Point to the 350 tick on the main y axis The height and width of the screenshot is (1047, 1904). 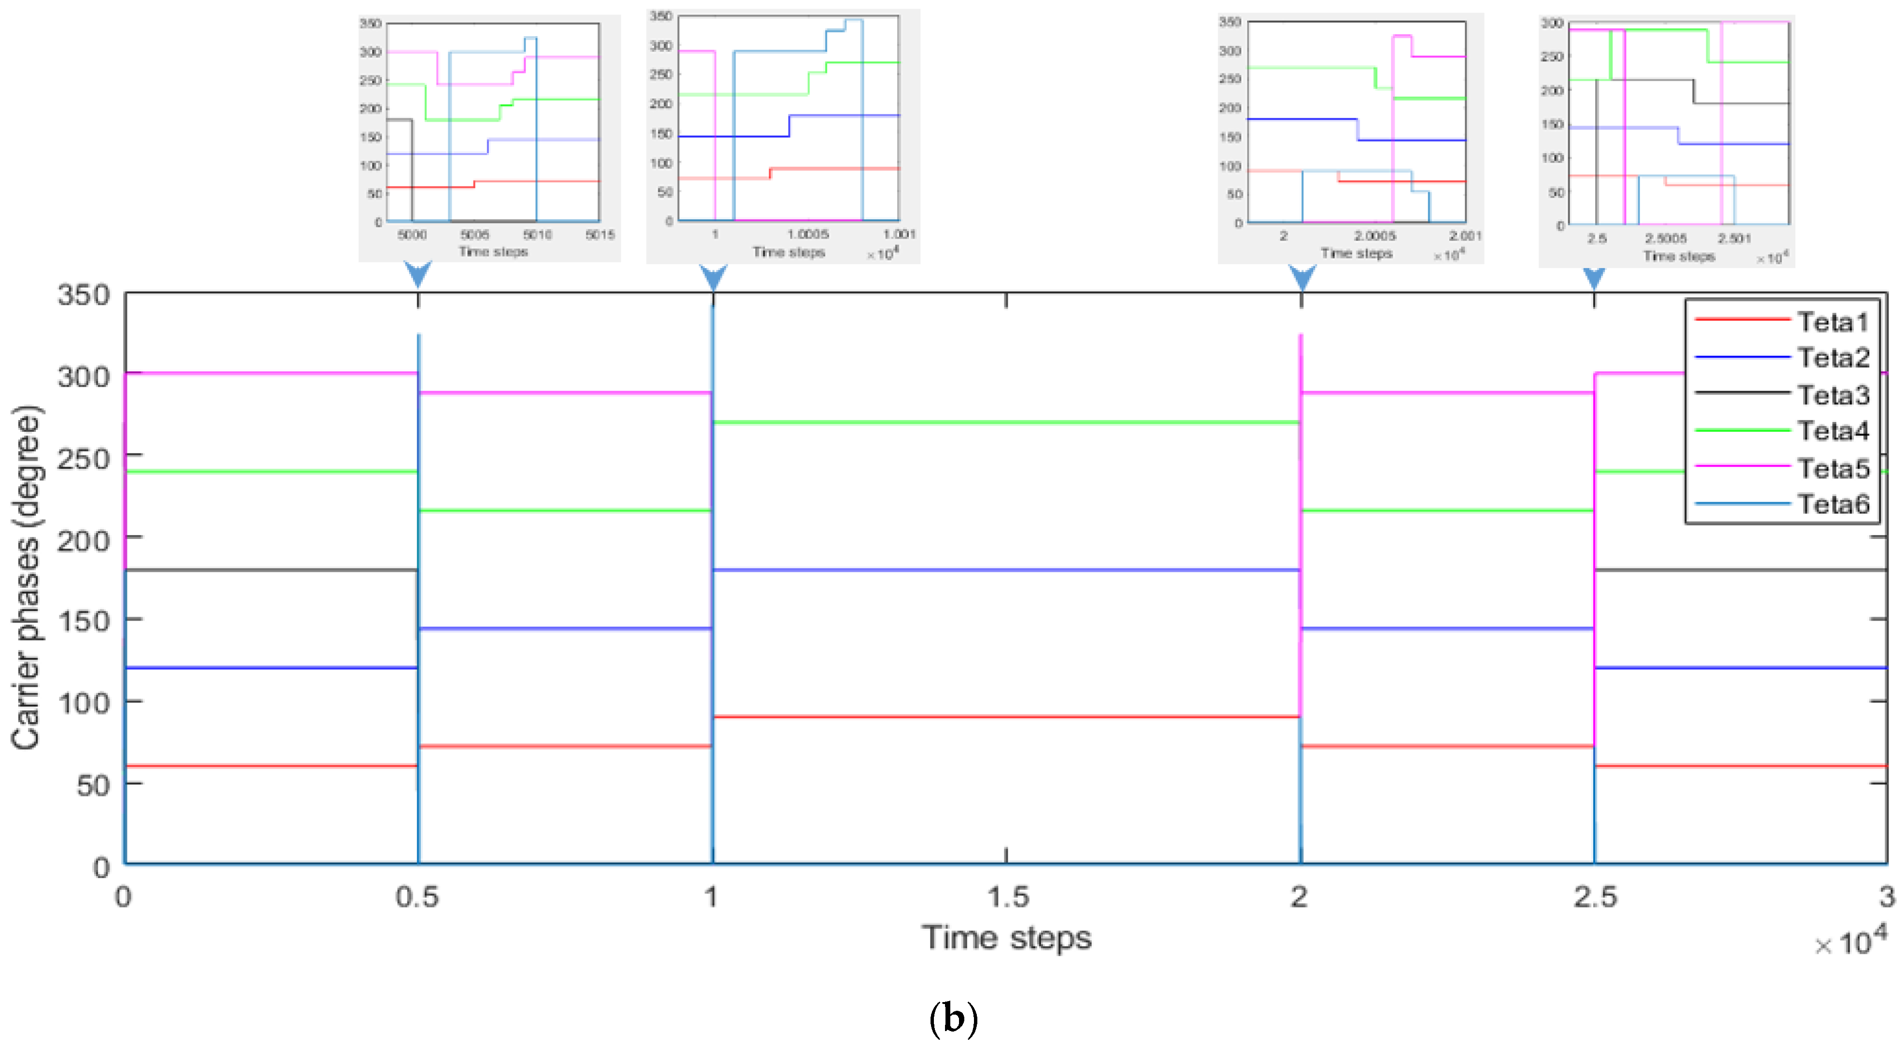click(83, 295)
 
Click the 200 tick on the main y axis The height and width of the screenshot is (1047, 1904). click(83, 540)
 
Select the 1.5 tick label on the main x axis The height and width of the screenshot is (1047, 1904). click(1007, 897)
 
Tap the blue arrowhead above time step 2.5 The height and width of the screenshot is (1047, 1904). click(1594, 277)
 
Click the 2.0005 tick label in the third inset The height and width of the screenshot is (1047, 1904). click(1375, 236)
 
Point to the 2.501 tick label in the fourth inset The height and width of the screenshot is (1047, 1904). click(1734, 238)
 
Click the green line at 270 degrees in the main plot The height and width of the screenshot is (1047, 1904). click(1005, 422)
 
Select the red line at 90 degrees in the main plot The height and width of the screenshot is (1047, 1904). click(1005, 717)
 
